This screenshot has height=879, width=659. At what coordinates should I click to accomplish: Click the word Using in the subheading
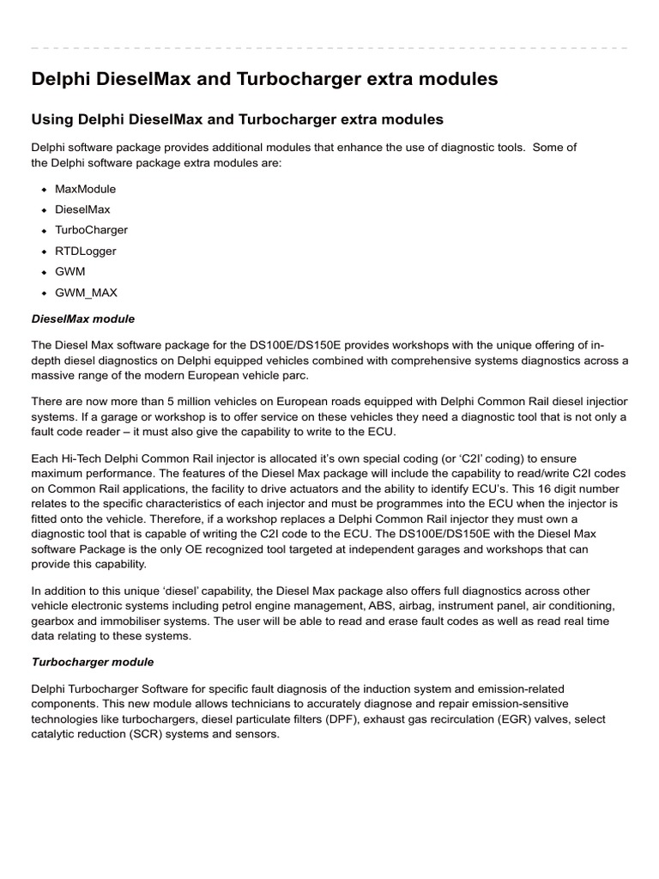coord(52,118)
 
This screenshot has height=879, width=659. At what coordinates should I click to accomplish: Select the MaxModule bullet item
coord(85,189)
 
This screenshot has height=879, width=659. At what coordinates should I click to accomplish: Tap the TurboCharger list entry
coord(91,230)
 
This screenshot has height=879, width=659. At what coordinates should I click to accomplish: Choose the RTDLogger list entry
coord(85,252)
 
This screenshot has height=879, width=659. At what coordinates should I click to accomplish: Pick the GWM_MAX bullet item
coord(86,293)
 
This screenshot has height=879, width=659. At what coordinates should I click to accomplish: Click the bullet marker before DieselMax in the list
coord(43,210)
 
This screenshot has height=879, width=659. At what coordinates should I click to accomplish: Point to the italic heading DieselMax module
coord(82,318)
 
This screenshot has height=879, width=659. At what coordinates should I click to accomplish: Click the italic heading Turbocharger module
coord(92,662)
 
